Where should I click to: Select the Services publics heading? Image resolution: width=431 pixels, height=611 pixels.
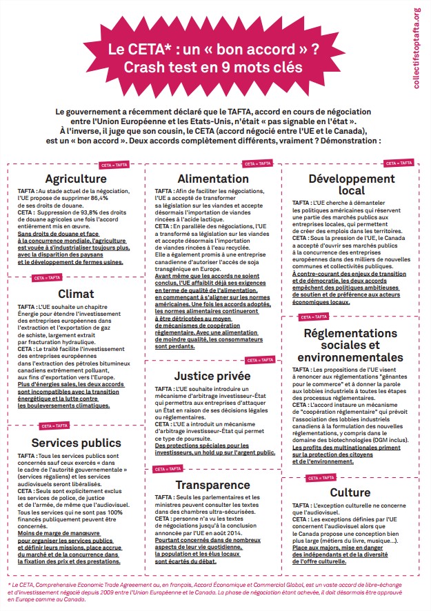click(77, 443)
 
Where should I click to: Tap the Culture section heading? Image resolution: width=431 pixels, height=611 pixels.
click(350, 492)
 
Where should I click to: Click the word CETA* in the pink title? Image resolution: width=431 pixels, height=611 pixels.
click(145, 50)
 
